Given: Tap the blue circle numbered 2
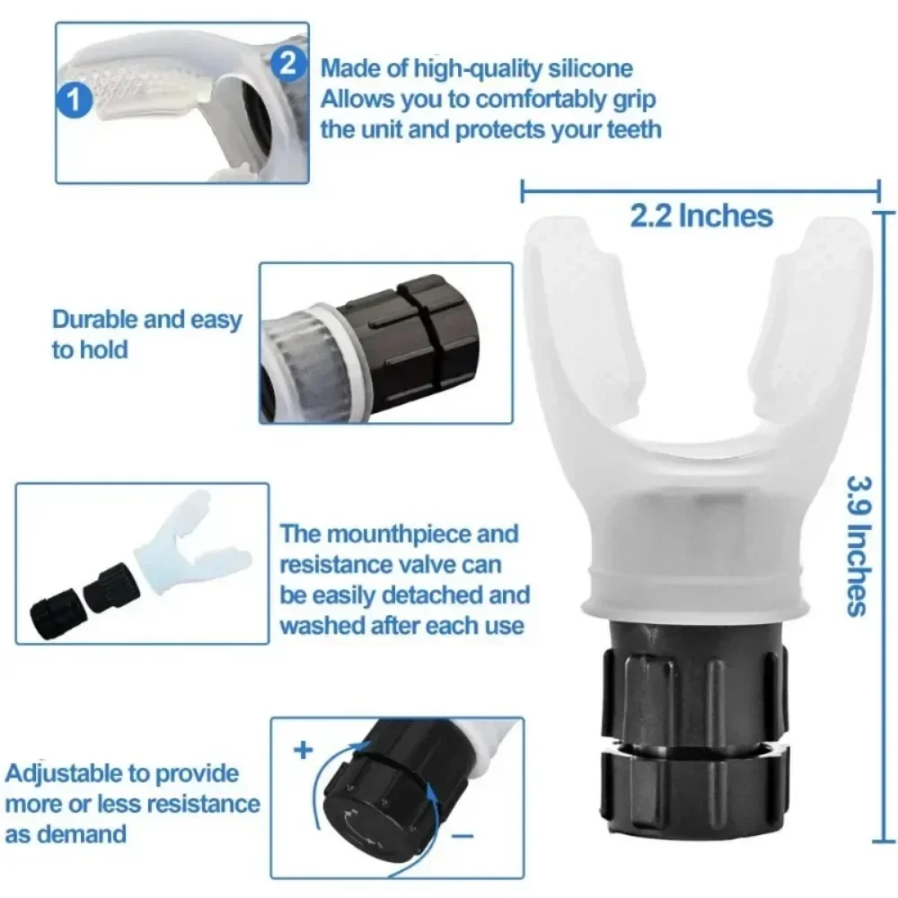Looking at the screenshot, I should pyautogui.click(x=288, y=63).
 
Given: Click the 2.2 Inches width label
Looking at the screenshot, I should pyautogui.click(x=700, y=216).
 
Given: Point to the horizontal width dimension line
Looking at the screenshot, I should pyautogui.click(x=700, y=189).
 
